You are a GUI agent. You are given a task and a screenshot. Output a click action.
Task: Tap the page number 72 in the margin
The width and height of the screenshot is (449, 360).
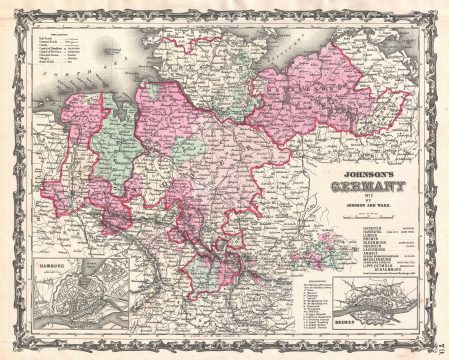click(441, 341)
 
